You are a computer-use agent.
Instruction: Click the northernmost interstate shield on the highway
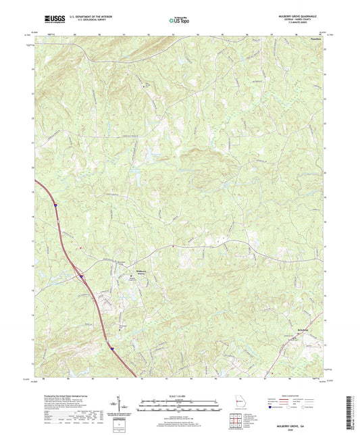57,203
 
